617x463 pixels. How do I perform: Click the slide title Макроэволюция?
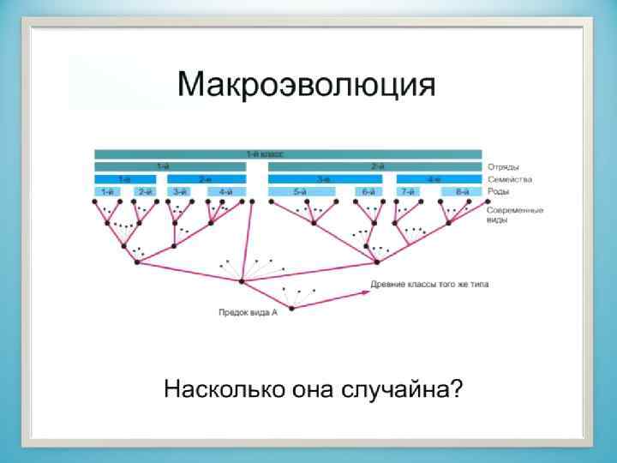tap(306, 86)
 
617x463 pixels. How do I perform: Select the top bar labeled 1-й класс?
tap(288, 153)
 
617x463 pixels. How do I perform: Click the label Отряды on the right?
tap(503, 166)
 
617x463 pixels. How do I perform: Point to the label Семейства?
tap(509, 179)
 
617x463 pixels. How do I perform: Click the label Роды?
tap(499, 191)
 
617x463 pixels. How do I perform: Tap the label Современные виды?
tap(514, 214)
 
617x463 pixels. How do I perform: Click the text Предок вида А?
tap(247, 314)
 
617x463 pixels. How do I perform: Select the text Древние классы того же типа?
tap(429, 284)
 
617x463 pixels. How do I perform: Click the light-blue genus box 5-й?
tap(299, 192)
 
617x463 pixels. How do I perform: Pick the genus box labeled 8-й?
tap(462, 192)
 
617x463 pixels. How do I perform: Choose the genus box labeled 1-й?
tap(108, 192)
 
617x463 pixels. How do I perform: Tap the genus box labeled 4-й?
tap(226, 192)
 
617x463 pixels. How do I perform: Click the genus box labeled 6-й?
tap(368, 192)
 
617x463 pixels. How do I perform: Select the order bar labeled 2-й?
tap(375, 166)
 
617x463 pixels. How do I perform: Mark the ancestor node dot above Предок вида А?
tap(291, 307)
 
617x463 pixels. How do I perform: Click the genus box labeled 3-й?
tap(180, 192)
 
